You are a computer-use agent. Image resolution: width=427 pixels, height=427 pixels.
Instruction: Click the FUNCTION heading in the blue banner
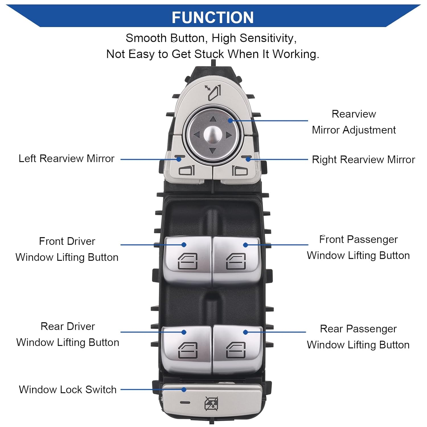coord(213,17)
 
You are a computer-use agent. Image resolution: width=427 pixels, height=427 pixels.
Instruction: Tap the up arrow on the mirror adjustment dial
coord(213,119)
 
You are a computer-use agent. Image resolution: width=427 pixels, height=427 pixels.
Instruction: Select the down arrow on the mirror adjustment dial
coord(212,150)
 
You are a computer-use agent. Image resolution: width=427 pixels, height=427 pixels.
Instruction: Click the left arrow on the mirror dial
coord(197,134)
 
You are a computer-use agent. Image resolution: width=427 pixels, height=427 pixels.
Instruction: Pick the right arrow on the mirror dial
coord(229,135)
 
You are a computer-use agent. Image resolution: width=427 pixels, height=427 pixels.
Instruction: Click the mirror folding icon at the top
coord(213,93)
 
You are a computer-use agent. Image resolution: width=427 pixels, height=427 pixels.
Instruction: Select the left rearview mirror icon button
coord(186,170)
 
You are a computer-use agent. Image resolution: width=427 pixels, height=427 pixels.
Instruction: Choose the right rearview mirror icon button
coord(240,170)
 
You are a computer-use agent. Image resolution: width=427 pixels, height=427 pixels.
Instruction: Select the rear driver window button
coord(188,350)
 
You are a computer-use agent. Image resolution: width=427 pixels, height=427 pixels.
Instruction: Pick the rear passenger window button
coord(236,350)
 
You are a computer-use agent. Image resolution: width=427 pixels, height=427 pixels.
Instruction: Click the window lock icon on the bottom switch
coord(211,404)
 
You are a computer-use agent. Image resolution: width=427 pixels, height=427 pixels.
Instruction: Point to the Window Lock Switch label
coord(68,389)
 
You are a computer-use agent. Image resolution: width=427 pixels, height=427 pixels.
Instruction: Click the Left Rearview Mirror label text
coord(66,159)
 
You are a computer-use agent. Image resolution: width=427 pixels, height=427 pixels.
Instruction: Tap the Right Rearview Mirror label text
coord(364,160)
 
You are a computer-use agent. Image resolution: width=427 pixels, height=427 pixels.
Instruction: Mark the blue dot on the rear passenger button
coord(245,332)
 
